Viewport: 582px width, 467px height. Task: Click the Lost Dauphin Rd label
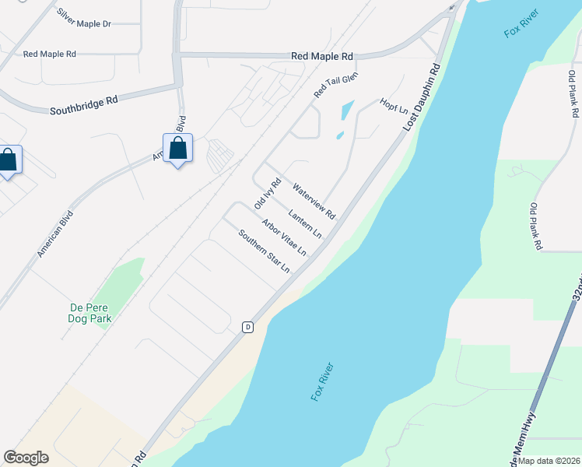[x=421, y=97]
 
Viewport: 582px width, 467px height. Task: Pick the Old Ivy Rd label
[x=267, y=193]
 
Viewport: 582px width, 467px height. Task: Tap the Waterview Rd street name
[x=313, y=201]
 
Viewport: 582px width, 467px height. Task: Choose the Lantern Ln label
[x=305, y=223]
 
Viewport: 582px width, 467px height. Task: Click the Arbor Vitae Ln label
[x=284, y=237]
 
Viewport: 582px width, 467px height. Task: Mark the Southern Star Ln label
[x=264, y=251]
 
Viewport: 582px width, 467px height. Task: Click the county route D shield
[x=247, y=326]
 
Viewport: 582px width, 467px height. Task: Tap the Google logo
[x=26, y=458]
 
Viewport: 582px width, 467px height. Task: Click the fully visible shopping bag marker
[x=177, y=148]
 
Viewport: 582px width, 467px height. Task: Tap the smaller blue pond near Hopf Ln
[x=340, y=135]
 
